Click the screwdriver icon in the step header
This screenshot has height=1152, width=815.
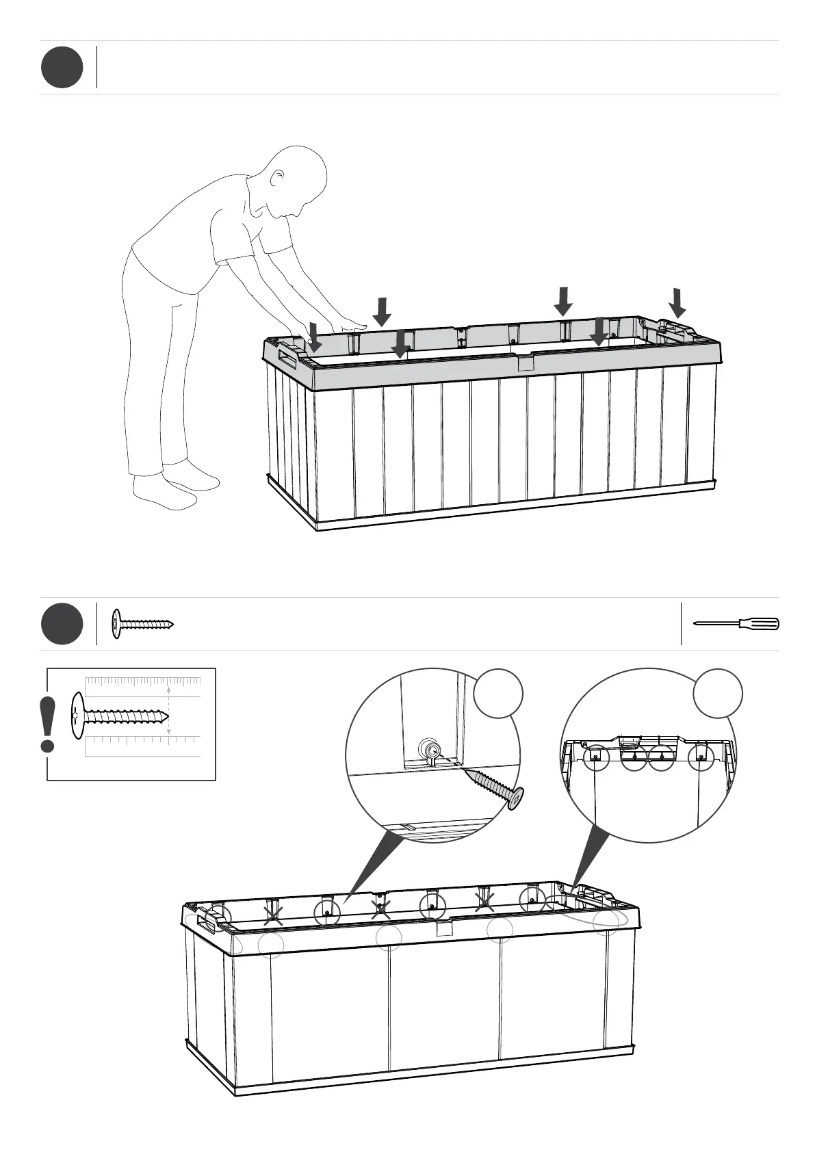(x=736, y=623)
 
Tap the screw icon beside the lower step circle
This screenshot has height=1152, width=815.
(x=142, y=624)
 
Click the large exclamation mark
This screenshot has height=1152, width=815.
(x=47, y=724)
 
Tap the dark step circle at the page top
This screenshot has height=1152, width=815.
(x=62, y=67)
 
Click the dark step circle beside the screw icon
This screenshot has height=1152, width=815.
(x=62, y=624)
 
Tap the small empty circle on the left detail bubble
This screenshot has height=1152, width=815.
(x=499, y=694)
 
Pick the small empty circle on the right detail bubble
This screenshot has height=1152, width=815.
(x=717, y=694)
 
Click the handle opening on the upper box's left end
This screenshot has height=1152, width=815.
(x=287, y=359)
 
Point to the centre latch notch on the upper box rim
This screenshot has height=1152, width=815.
(x=524, y=362)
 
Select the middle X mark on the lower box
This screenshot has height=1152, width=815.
(x=380, y=908)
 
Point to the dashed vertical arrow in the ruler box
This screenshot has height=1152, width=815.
(x=169, y=711)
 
